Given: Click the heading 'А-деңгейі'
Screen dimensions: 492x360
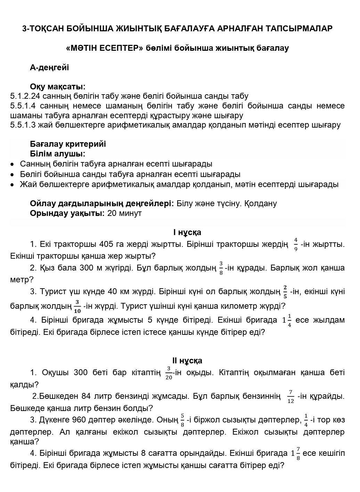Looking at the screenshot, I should click(x=49, y=67).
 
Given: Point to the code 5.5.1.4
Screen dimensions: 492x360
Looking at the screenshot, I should click(x=23, y=106).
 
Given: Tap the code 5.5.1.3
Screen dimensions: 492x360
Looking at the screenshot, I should click(x=23, y=125).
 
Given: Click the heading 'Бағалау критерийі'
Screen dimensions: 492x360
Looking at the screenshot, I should click(x=68, y=144).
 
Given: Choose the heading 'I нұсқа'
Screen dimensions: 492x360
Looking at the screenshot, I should click(x=187, y=232).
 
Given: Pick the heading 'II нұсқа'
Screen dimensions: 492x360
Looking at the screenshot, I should click(x=187, y=361).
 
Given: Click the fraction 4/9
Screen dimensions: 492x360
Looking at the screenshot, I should click(x=296, y=244).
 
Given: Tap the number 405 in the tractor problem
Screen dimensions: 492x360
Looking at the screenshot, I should click(x=106, y=244).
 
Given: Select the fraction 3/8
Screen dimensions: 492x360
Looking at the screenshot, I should click(x=221, y=268).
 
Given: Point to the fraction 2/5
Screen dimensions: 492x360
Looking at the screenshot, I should click(x=285, y=292).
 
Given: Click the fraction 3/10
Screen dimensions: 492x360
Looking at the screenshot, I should click(x=77, y=306).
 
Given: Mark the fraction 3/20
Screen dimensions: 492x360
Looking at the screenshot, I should click(x=169, y=373).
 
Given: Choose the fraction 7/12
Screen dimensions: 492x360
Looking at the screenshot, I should click(x=291, y=396).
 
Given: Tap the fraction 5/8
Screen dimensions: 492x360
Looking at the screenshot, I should click(x=182, y=420).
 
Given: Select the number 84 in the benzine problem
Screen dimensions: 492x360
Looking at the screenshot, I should click(x=86, y=396).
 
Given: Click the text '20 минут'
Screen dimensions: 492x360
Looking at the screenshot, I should click(x=124, y=213).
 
